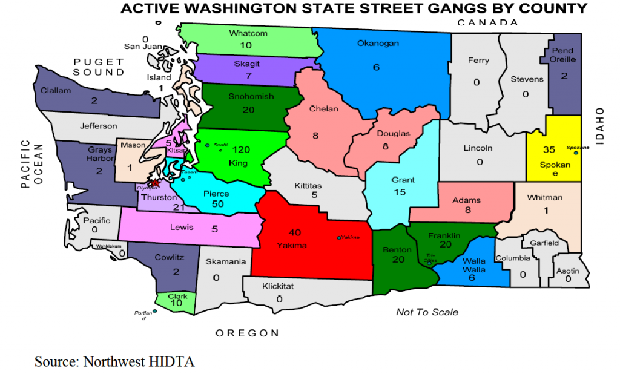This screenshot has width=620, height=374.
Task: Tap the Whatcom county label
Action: coord(248,33)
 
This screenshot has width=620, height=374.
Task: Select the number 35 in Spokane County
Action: coord(549,149)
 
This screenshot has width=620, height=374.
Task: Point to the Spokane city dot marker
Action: coord(576,153)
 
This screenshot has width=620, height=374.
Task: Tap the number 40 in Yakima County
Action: coord(295,232)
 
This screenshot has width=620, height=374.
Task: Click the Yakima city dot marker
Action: coord(338,238)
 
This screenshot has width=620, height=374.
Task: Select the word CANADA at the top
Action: coord(487,22)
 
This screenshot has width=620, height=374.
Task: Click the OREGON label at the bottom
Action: coord(248,333)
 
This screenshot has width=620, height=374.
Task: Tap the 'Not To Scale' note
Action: coord(427,312)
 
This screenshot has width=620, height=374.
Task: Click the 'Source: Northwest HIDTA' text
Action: coord(114,361)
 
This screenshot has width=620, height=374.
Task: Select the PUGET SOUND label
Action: coord(99,67)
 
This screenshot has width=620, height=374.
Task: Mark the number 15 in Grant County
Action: coord(399,192)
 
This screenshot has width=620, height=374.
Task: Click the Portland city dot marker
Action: coord(155,311)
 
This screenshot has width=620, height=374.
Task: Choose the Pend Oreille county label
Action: coord(563,55)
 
